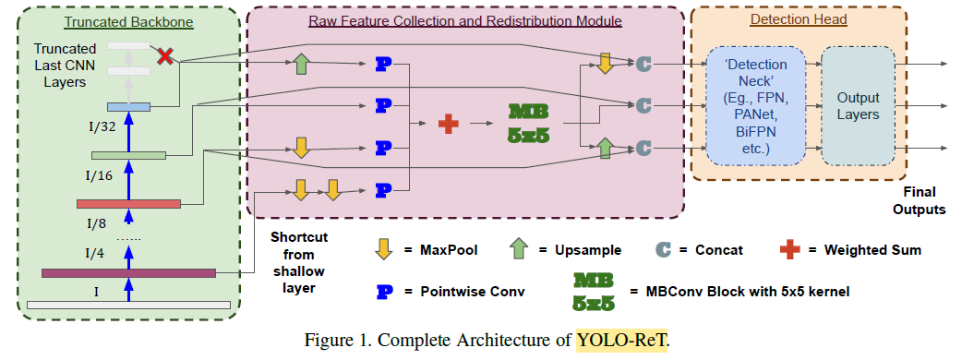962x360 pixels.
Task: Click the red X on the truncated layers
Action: tap(166, 57)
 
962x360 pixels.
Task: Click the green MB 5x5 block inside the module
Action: tap(529, 120)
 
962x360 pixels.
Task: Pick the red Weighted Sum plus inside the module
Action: tap(448, 121)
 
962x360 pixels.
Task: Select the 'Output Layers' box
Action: tap(858, 105)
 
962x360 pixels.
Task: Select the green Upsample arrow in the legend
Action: tap(519, 249)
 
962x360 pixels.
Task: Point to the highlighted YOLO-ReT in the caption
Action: tap(621, 340)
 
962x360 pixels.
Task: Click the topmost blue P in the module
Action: tap(384, 65)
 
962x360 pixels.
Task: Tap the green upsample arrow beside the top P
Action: tap(300, 64)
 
